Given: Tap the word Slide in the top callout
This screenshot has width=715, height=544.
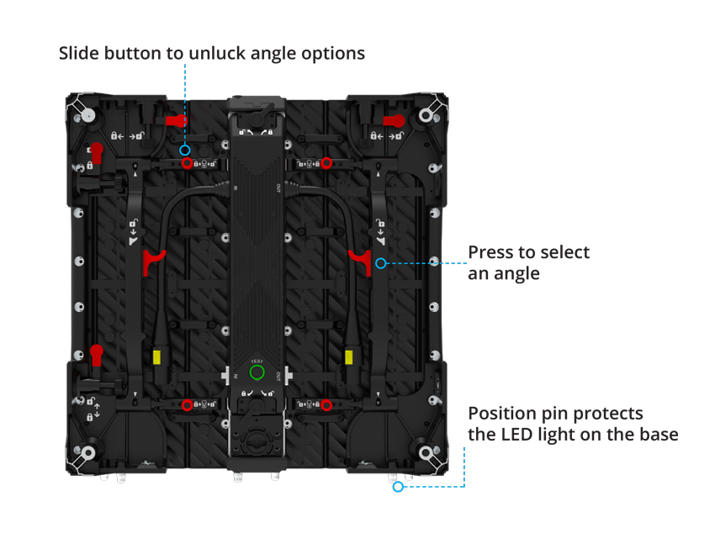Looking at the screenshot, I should coord(81,54).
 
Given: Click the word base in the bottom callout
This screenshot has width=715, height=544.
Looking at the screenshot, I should coord(656,435).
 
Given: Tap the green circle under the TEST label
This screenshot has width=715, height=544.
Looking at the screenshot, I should coord(257,372).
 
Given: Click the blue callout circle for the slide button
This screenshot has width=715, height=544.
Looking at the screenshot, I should coord(185,149).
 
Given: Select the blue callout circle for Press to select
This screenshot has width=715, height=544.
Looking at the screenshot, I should coord(380,263).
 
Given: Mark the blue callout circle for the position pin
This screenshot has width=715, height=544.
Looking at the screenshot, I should coord(398,486).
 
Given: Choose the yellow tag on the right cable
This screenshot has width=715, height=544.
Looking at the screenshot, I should coord(348,357).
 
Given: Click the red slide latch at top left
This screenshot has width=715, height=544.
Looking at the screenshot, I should coord(176,121).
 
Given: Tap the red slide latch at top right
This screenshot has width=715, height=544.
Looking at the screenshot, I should coord(393,121).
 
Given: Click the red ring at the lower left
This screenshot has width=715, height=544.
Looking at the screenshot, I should coord(187,405).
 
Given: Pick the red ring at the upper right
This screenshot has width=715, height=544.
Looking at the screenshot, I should coord(326,163).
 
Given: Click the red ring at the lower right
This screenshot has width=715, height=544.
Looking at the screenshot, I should coord(326,405).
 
